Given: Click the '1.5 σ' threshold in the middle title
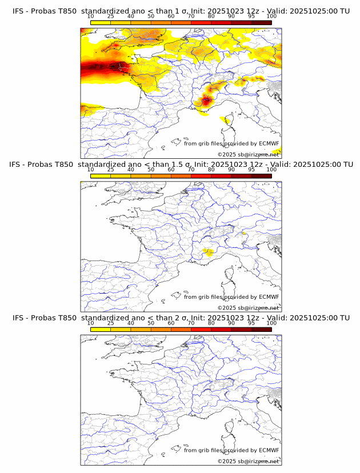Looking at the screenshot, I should [x=180, y=165].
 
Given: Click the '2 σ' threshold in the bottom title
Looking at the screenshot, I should [x=177, y=318].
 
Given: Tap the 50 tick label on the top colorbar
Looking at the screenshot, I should [x=151, y=16].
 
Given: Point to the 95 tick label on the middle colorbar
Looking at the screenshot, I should [x=251, y=169].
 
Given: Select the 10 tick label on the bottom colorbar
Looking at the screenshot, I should [x=90, y=323].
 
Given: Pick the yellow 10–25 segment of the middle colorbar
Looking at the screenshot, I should [x=101, y=176].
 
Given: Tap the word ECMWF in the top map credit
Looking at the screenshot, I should [x=269, y=143].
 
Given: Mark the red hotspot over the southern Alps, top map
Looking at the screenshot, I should [x=206, y=101].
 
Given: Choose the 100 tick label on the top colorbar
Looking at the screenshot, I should [x=271, y=16].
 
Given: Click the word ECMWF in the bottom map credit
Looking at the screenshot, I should [x=269, y=450].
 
